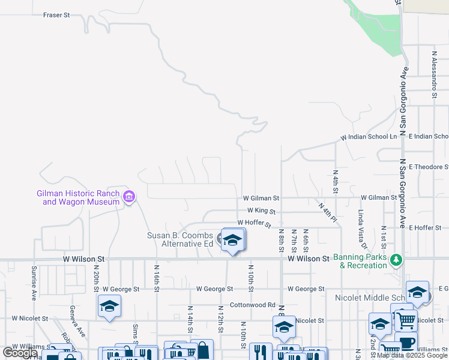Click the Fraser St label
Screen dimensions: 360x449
(x=57, y=14)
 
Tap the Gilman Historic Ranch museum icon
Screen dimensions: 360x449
(x=128, y=196)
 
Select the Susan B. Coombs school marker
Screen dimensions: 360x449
(x=232, y=240)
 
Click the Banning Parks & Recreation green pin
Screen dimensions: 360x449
(x=396, y=260)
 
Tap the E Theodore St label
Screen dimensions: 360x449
(x=428, y=166)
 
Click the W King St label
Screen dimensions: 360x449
(x=261, y=211)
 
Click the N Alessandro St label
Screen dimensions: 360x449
(x=434, y=74)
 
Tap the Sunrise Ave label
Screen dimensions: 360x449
(x=34, y=284)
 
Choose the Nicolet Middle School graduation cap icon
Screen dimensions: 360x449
(x=417, y=292)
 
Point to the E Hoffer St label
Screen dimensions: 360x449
(x=425, y=228)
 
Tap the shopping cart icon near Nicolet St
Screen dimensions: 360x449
(x=406, y=321)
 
